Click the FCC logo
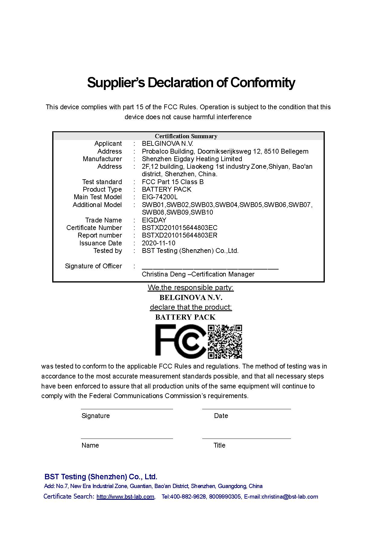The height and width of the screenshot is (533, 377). click(x=181, y=340)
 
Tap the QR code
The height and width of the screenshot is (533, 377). click(x=225, y=341)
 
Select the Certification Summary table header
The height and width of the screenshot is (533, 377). click(x=186, y=136)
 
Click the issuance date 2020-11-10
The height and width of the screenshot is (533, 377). click(x=158, y=243)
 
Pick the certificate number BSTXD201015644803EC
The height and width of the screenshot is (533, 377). click(x=180, y=228)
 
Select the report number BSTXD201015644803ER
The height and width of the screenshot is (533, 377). click(x=180, y=235)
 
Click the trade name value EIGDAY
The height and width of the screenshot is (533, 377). click(x=154, y=220)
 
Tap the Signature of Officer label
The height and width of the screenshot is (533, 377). click(x=93, y=266)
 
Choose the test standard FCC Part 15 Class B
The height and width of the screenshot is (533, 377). click(x=173, y=182)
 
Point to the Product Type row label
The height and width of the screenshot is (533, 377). click(x=102, y=189)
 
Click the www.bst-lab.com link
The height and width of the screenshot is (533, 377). click(x=125, y=496)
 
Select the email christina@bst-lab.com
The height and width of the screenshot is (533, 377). click(x=290, y=496)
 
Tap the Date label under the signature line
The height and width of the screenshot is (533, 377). click(x=221, y=416)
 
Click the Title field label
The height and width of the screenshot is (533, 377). click(x=219, y=445)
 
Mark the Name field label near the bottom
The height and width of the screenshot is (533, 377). click(x=90, y=445)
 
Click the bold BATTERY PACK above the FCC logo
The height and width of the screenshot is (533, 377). click(x=185, y=317)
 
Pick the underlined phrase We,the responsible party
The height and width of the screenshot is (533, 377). click(x=190, y=287)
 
